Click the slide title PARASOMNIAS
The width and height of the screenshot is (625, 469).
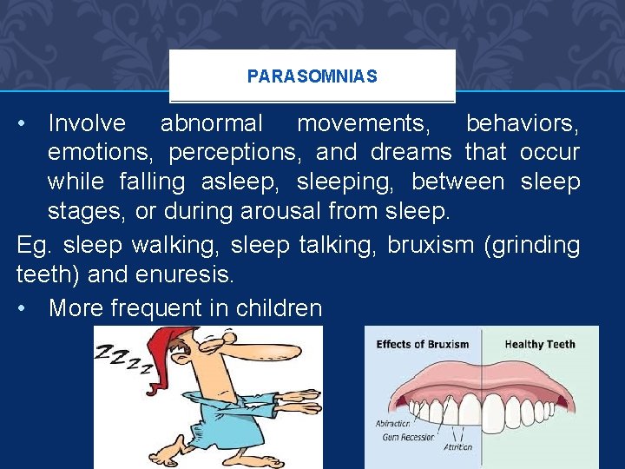[312, 76]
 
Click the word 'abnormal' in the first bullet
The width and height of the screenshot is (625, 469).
[211, 124]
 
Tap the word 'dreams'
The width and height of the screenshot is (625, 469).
[411, 153]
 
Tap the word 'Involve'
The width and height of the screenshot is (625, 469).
[87, 124]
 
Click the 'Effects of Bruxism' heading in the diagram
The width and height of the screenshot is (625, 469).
[422, 344]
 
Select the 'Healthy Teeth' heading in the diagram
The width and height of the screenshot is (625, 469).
[540, 344]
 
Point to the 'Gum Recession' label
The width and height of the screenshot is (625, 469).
[408, 437]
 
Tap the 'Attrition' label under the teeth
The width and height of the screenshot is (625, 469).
[457, 447]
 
